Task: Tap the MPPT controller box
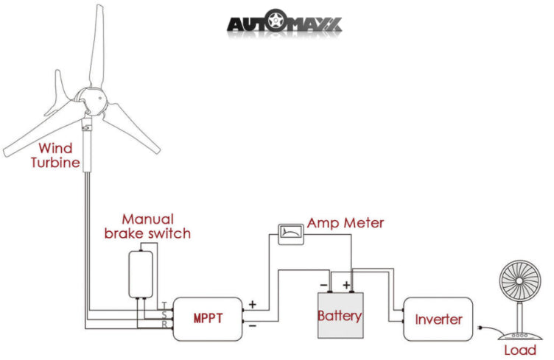coord(208,319)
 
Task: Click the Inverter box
coord(438,319)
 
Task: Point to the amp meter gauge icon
coord(290,233)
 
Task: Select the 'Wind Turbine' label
coord(55,155)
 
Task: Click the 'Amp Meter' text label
coord(346,222)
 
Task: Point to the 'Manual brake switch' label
coord(147,226)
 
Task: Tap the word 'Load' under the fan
coord(520,350)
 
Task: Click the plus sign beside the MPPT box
coord(253,303)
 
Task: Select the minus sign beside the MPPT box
coord(253,324)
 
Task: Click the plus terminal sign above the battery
coord(346,284)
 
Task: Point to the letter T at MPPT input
coord(164,304)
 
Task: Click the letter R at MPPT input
coord(164,323)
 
